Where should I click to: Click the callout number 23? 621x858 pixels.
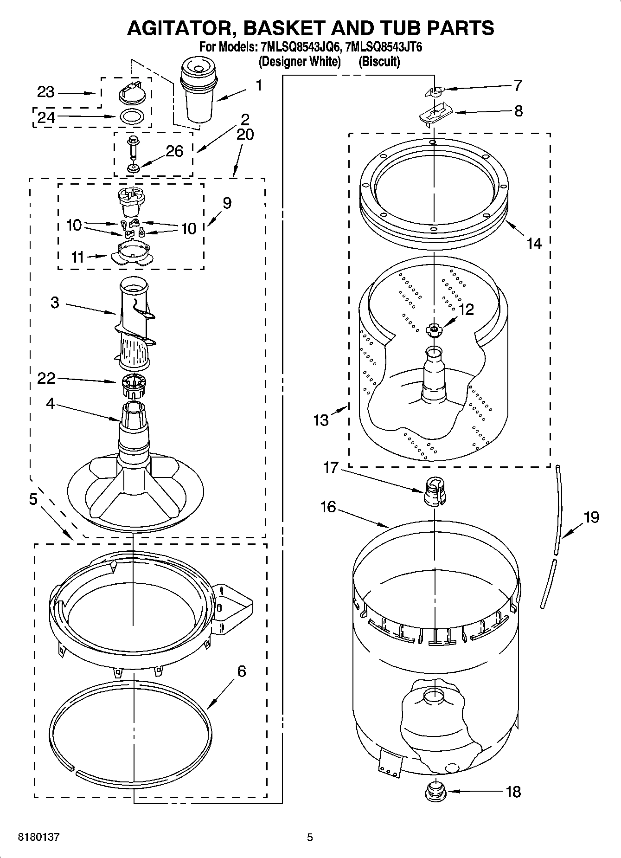(45, 92)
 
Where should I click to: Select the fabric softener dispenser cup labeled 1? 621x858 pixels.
(198, 93)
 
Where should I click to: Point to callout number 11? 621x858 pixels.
(77, 257)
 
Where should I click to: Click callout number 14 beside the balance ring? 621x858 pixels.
(534, 243)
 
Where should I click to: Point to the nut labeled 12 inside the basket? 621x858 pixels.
(434, 329)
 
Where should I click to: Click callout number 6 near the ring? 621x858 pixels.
(241, 671)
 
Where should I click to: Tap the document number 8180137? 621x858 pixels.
(38, 837)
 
